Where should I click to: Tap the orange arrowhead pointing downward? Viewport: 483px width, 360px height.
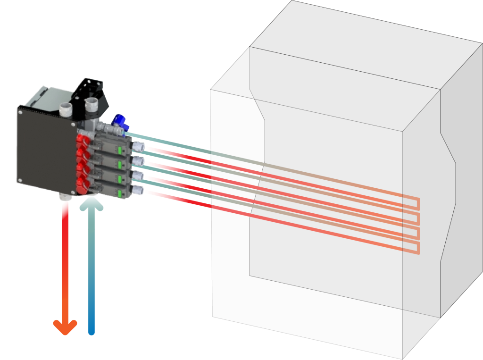pyautogui.click(x=65, y=327)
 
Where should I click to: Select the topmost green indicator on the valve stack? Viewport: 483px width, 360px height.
pyautogui.click(x=120, y=151)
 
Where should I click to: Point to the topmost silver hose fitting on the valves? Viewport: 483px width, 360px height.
pyautogui.click(x=138, y=147)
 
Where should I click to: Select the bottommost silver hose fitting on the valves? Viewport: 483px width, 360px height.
pyautogui.click(x=138, y=190)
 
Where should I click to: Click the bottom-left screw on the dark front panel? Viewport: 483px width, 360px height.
pyautogui.click(x=20, y=179)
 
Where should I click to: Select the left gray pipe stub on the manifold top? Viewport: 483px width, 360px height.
pyautogui.click(x=65, y=110)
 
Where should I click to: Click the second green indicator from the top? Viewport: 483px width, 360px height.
pyautogui.click(x=120, y=165)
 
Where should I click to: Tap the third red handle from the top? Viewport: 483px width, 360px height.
pyautogui.click(x=83, y=170)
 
